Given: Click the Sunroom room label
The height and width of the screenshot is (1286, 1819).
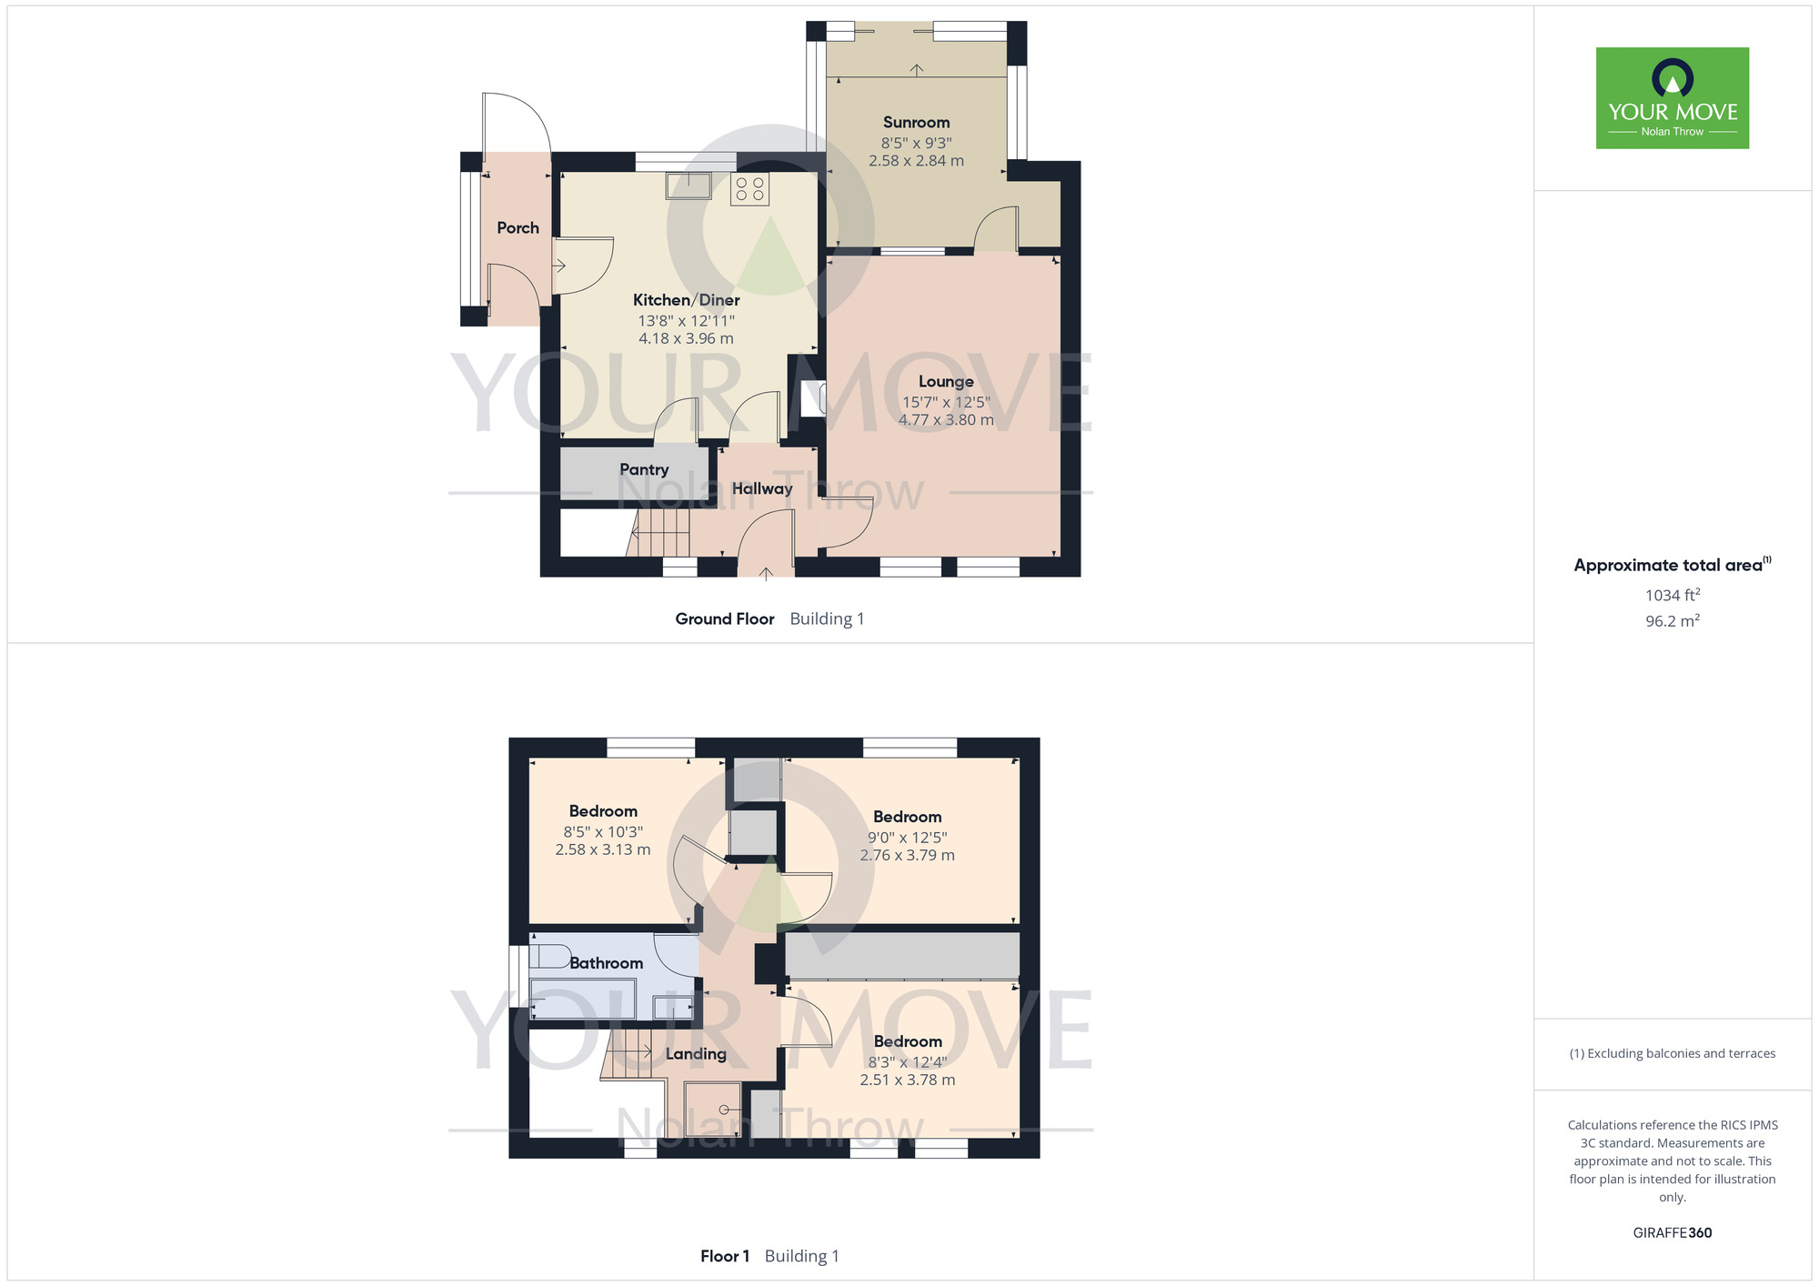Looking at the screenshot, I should [x=916, y=122].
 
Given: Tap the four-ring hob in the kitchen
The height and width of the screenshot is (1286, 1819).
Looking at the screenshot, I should [x=749, y=189].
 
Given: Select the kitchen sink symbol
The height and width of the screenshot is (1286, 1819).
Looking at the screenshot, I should [x=688, y=186].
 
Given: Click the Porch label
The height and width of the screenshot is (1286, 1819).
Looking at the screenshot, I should [x=518, y=227].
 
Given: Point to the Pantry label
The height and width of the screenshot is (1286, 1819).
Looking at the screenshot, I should [x=644, y=469].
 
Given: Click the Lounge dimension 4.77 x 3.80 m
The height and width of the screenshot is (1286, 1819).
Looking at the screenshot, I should [x=946, y=420].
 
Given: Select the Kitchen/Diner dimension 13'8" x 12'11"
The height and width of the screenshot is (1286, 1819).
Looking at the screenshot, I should [x=686, y=320].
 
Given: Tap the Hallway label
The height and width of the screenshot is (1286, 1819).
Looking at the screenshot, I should [x=762, y=488].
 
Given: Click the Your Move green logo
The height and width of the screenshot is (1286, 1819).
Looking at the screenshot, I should [x=1672, y=98].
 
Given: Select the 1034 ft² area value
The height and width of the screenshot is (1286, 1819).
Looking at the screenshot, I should [x=1672, y=595].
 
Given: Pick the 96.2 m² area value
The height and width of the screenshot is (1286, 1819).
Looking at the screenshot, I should [x=1672, y=621].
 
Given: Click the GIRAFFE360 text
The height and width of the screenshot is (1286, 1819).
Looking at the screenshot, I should [x=1672, y=1233].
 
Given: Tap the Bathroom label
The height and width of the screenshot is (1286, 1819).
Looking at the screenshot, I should [x=606, y=963].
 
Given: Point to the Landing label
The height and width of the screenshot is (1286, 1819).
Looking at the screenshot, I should [x=696, y=1054].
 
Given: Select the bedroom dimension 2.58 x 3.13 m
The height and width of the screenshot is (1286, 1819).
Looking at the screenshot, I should [x=603, y=849].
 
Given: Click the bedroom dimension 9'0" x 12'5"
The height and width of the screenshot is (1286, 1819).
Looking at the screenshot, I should [x=907, y=837].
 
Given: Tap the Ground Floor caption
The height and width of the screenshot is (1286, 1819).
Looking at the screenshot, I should [x=724, y=618].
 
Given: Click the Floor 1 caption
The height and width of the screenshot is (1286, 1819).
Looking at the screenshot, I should [x=725, y=1256].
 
